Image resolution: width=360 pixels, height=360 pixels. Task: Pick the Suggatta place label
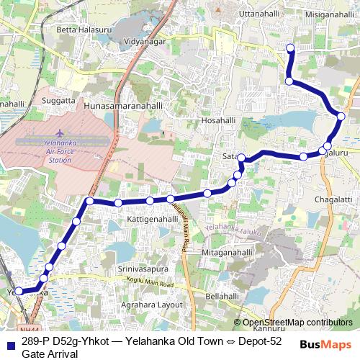click(x=58, y=101)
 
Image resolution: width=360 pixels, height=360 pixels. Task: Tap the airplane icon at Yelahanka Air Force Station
click(x=60, y=133)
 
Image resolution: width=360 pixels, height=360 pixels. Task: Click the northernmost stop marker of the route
click(x=291, y=48)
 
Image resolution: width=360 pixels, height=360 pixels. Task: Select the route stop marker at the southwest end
click(x=19, y=292)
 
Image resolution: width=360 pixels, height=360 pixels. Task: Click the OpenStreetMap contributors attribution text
click(x=297, y=322)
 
